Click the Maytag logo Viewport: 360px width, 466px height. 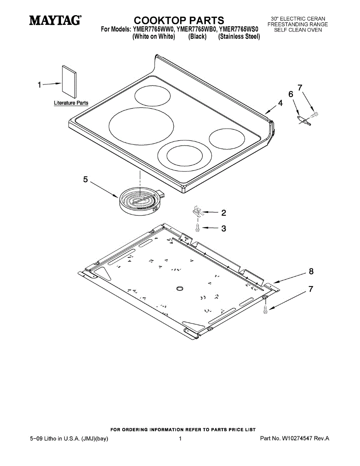click(x=56, y=20)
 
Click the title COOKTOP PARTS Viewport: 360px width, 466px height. click(x=179, y=20)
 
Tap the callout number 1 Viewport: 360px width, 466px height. click(x=39, y=84)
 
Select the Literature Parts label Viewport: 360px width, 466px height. click(x=71, y=103)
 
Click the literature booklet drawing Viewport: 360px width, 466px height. click(x=69, y=82)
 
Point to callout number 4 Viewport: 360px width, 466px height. click(x=280, y=103)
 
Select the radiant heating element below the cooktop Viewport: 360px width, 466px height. click(x=140, y=200)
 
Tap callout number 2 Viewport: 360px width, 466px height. click(x=224, y=212)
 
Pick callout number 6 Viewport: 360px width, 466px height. click(x=290, y=94)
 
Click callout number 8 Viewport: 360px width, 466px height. click(x=311, y=271)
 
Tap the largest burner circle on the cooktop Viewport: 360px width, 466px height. click(x=141, y=127)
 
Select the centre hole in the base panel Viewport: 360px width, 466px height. click(x=179, y=288)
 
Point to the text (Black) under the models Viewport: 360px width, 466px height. click(x=197, y=37)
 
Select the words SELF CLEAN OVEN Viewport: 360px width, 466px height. click(x=298, y=30)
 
